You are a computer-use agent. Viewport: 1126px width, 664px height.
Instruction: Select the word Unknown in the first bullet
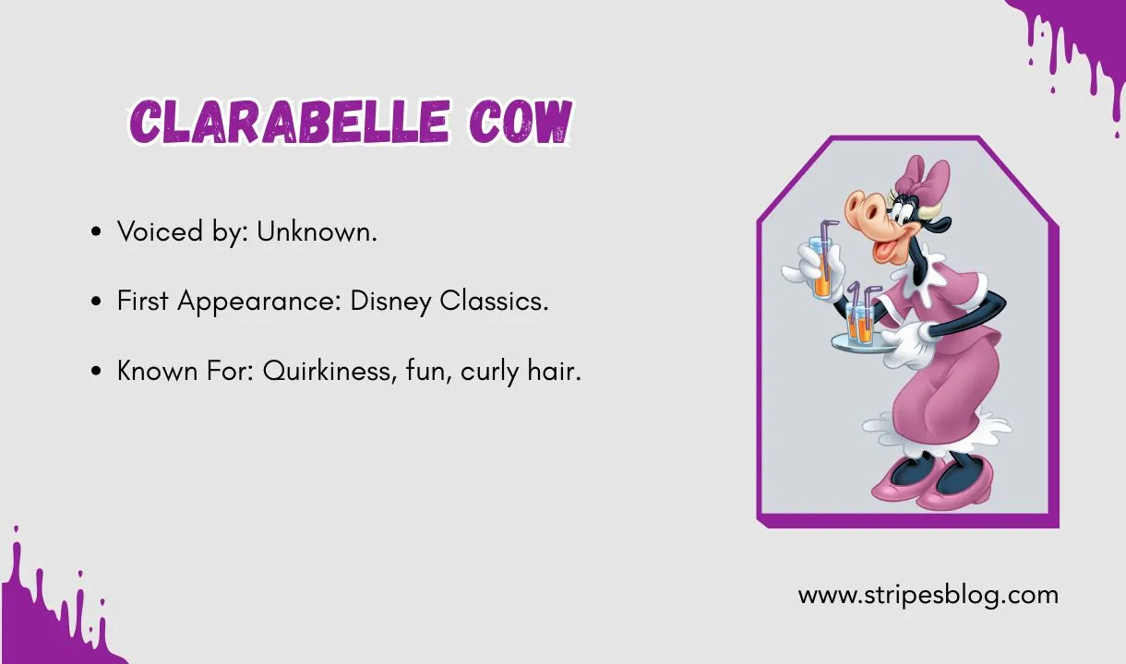(x=317, y=231)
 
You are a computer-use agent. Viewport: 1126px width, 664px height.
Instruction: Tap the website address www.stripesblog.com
(x=928, y=595)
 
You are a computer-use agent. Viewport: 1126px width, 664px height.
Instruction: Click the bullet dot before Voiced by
(x=97, y=232)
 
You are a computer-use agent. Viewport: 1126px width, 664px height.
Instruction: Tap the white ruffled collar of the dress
(x=923, y=286)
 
